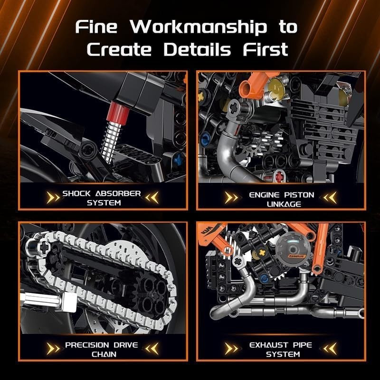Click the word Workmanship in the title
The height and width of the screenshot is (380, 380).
pyautogui.click(x=199, y=28)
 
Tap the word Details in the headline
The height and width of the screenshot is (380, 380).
pyautogui.click(x=197, y=49)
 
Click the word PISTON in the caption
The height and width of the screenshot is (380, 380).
pyautogui.click(x=299, y=195)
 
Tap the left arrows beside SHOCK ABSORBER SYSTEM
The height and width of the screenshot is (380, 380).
pyautogui.click(x=53, y=198)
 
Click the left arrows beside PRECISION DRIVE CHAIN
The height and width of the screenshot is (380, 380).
pyautogui.click(x=53, y=349)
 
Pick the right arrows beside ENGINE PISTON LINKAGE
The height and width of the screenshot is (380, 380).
pyautogui.click(x=330, y=197)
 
